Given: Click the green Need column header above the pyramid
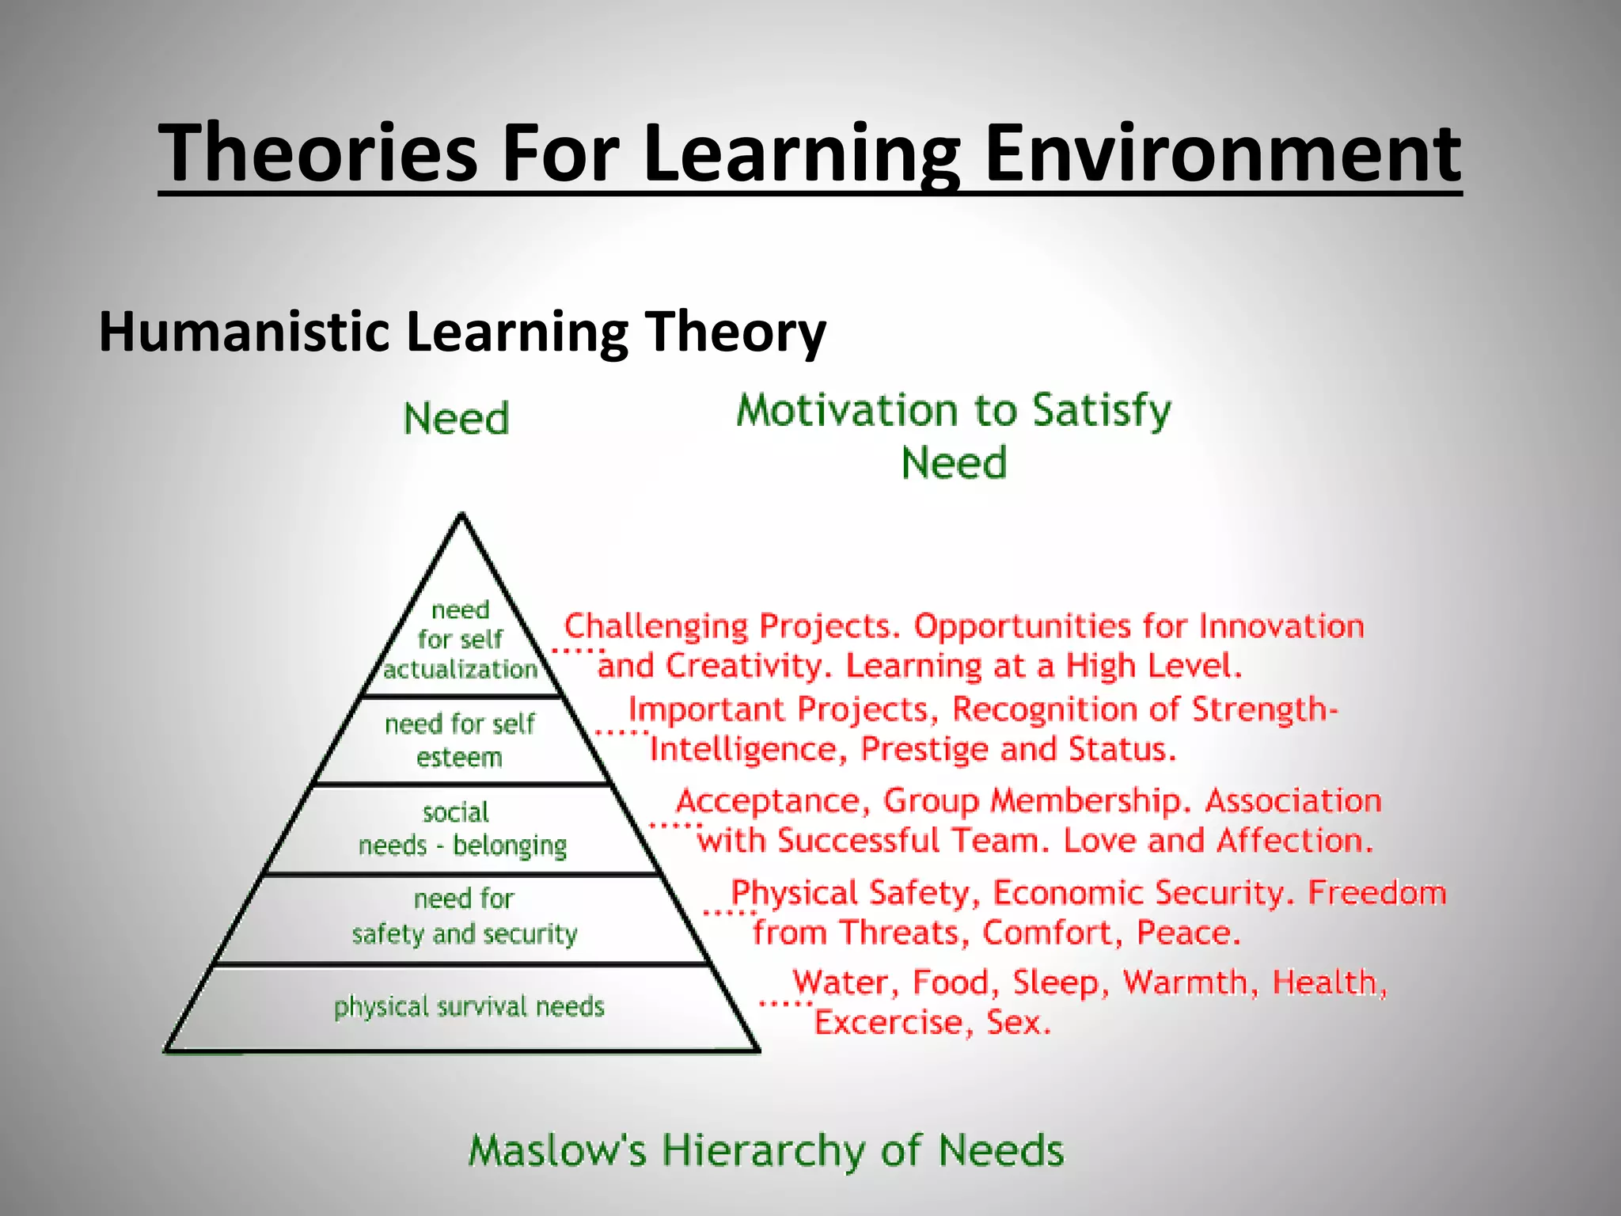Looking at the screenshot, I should (x=456, y=419).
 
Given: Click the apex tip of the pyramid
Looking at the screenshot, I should (x=462, y=516).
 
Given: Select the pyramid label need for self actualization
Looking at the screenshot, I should (x=461, y=640).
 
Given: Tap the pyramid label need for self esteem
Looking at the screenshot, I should (x=460, y=740).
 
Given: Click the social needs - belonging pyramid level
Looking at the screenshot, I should (x=462, y=829).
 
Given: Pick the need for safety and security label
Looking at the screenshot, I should (x=464, y=917).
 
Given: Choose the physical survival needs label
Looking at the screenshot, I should (x=469, y=1007).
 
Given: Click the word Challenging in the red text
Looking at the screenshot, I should (x=655, y=627).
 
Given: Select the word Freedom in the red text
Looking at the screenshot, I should (x=1376, y=893).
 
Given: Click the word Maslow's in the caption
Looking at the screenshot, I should (x=557, y=1150).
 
